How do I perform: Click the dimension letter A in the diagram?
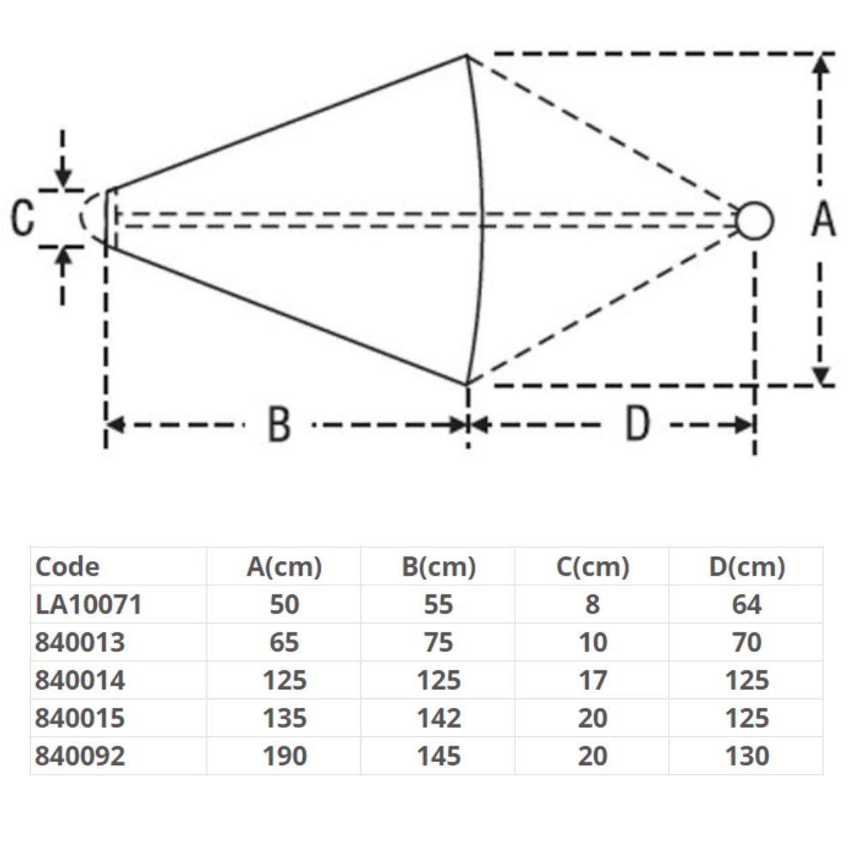click(x=824, y=220)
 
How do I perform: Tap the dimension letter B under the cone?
click(x=279, y=425)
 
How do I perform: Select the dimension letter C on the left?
click(x=23, y=218)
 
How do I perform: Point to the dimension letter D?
click(x=637, y=424)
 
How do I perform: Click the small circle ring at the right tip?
click(x=755, y=221)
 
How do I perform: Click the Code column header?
click(x=67, y=567)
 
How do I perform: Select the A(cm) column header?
click(x=284, y=567)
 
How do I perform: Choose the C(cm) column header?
click(x=592, y=567)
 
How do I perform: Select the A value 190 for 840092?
click(x=284, y=756)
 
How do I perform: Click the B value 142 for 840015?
click(x=438, y=718)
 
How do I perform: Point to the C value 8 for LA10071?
click(x=592, y=605)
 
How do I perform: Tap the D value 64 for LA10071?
click(x=746, y=605)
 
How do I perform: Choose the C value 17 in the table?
click(x=592, y=680)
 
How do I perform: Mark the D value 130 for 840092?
click(x=746, y=756)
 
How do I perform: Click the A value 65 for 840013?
click(x=284, y=643)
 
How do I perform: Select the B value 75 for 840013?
click(x=438, y=643)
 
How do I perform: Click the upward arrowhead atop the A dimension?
click(x=822, y=64)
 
